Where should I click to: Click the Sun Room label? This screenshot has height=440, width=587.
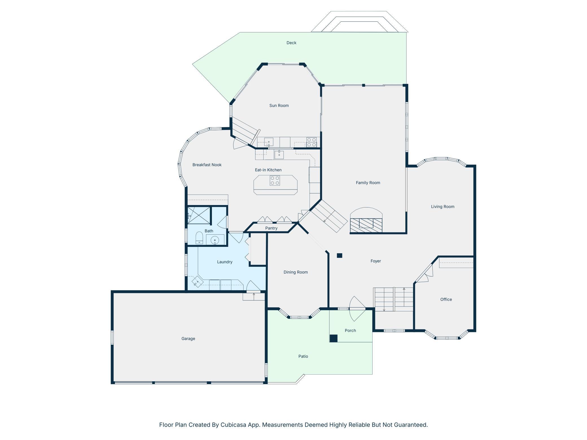coord(279,105)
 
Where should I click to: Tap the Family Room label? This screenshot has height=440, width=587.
coord(368,183)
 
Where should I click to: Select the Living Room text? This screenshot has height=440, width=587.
coord(443,207)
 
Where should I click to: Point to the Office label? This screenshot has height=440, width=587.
coord(446,300)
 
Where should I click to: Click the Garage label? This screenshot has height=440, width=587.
coord(188,339)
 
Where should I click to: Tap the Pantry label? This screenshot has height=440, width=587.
coord(271,228)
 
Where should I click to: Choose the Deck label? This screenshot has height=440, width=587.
coord(291,43)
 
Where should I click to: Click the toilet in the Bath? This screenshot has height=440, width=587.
coord(199,238)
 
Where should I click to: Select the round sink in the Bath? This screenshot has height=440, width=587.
coord(215,240)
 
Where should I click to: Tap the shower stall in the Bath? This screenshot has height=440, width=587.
coord(199,215)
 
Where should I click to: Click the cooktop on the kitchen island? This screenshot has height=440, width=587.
coord(275,181)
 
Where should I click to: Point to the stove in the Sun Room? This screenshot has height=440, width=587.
coord(311,142)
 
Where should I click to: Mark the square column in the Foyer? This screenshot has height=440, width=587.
coord(340,256)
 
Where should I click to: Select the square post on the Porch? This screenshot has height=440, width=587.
coord(334,338)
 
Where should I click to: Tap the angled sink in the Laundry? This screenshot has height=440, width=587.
coord(198,282)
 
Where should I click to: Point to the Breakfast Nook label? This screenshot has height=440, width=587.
coord(207,165)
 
